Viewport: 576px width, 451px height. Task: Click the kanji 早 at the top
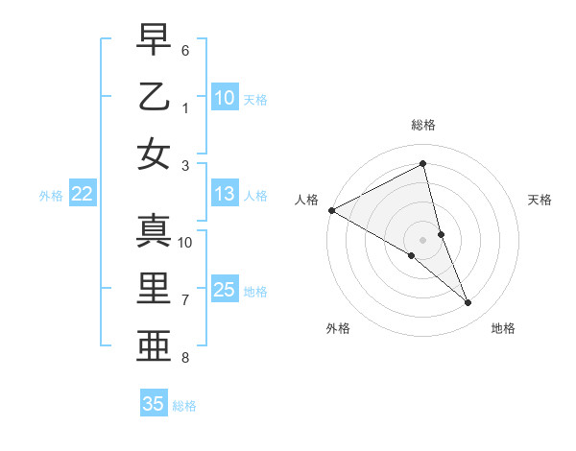tap(154, 39)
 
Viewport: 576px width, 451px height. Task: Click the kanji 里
tap(154, 289)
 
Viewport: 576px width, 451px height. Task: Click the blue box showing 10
tap(225, 98)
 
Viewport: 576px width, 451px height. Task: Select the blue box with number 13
tap(225, 195)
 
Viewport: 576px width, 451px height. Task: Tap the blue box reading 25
tap(225, 291)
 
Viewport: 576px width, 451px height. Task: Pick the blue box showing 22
tap(83, 195)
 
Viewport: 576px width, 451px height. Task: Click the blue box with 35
tap(154, 404)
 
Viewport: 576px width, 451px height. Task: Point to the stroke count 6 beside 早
tap(185, 49)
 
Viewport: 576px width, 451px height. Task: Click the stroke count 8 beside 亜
tap(185, 358)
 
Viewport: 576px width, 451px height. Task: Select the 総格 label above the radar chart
tap(423, 125)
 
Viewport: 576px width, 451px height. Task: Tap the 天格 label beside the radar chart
tap(540, 200)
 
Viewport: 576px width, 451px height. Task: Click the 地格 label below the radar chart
tap(503, 329)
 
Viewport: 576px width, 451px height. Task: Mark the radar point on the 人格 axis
tap(331, 209)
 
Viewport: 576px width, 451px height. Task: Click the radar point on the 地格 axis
tap(468, 303)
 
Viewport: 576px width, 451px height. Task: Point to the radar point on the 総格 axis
tap(423, 164)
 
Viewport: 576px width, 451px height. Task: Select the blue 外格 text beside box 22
tap(51, 196)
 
